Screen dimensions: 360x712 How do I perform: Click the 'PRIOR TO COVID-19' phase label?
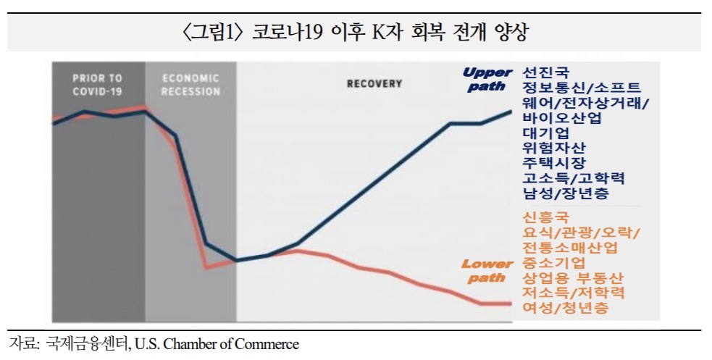[97, 85]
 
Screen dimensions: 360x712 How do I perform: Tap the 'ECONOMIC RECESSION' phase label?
[190, 85]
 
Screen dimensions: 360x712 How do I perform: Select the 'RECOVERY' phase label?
[374, 84]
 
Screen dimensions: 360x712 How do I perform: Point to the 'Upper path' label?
[487, 78]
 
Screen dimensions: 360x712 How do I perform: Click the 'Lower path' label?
[487, 270]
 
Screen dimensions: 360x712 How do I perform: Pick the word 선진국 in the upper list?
[546, 72]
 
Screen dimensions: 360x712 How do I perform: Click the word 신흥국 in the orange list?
[546, 217]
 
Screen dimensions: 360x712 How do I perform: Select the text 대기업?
[546, 133]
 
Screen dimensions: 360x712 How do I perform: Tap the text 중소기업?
[554, 263]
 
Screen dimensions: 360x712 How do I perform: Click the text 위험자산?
[554, 148]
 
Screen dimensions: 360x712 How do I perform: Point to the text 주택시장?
[554, 163]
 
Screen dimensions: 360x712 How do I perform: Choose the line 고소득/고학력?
[574, 178]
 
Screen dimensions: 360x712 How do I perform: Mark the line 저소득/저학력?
[574, 293]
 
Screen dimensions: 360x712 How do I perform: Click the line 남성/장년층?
[566, 193]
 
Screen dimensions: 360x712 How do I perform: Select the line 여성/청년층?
[566, 308]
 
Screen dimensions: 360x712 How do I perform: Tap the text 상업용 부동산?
[573, 278]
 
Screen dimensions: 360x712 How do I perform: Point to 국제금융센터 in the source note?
[86, 343]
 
